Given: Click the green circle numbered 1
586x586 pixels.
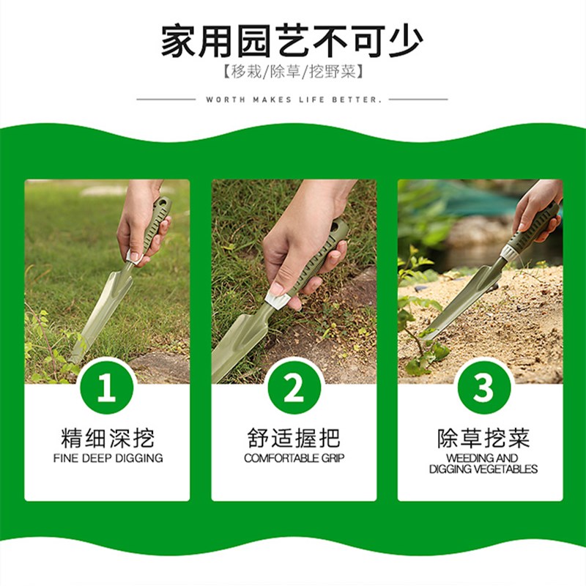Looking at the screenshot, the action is [107, 387].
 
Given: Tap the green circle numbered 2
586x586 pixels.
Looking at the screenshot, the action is [294, 387].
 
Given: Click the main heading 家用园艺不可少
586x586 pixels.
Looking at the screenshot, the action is [292, 41].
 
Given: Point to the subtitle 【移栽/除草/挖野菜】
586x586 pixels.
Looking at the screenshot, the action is [292, 71].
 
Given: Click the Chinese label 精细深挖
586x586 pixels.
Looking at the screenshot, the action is [108, 438].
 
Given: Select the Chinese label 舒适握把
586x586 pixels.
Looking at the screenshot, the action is [294, 438].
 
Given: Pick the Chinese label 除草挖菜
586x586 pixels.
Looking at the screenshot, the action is [483, 438].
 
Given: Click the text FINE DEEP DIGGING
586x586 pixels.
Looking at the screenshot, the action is [108, 459].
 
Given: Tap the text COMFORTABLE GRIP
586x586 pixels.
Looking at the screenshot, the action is [294, 459].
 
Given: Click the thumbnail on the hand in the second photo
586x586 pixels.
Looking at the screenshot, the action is [277, 289].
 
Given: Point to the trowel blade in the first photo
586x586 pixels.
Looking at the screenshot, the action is [100, 314].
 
